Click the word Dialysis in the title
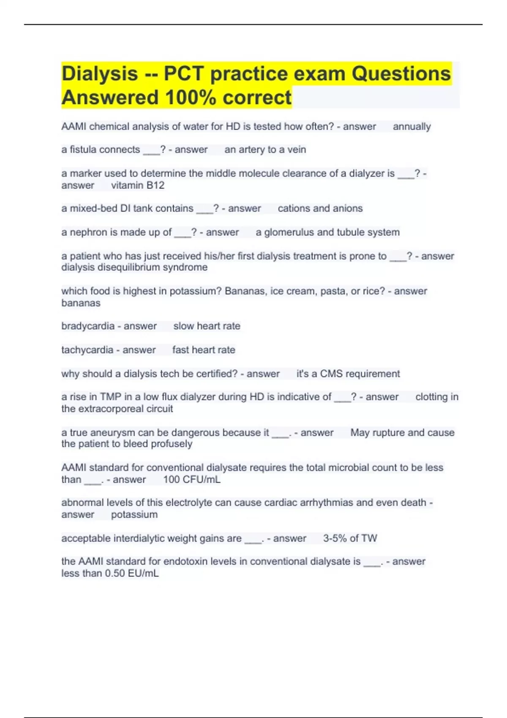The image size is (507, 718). point(99,74)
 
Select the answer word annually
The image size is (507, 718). point(412,127)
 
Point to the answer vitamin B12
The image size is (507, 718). point(138,185)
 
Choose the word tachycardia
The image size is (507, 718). point(87,350)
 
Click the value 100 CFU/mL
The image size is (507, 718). point(191,480)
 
